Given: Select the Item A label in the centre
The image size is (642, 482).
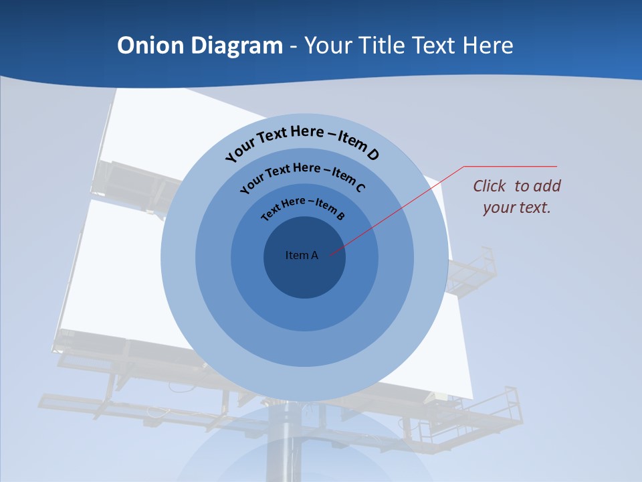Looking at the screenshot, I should click(x=302, y=255).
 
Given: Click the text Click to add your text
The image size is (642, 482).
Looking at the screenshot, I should click(x=516, y=196).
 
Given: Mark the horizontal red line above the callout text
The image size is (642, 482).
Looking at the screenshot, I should click(x=510, y=166).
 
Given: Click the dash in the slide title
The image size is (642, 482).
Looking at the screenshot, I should click(x=293, y=46).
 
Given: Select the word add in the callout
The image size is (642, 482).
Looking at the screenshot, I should click(x=548, y=186).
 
